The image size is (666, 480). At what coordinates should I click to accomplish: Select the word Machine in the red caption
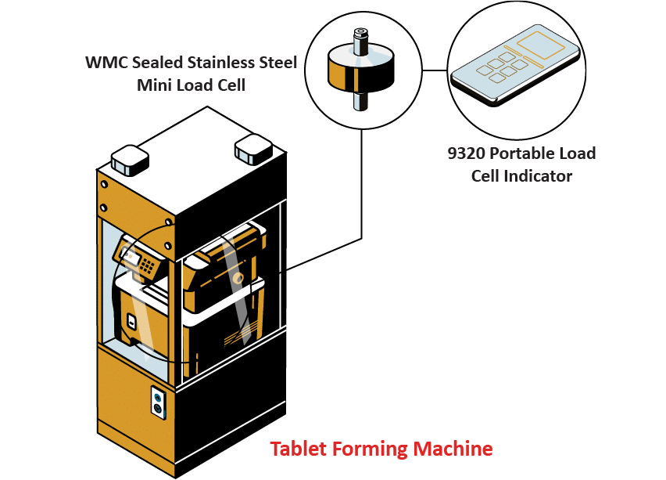454,449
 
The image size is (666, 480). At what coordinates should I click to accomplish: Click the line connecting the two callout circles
433,70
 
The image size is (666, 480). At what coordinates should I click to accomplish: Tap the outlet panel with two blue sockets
159,402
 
